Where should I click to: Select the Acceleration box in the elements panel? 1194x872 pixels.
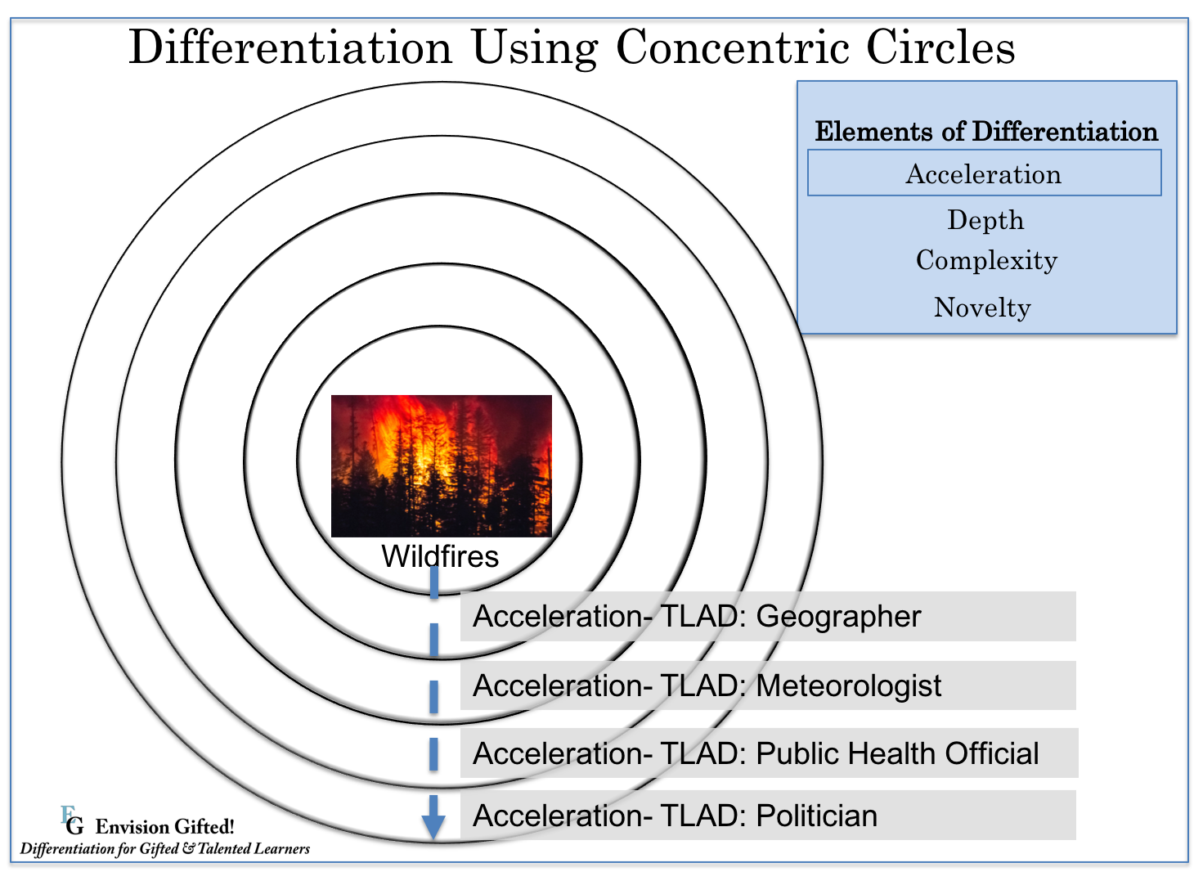pos(984,173)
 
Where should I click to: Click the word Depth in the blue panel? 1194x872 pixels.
pos(985,220)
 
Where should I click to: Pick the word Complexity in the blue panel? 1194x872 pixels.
pos(986,261)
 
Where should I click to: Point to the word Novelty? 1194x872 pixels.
pos(982,308)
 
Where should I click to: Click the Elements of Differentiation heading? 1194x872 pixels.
pos(986,131)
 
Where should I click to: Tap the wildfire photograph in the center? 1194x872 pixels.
pos(442,465)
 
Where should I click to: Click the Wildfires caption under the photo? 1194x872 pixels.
pos(440,556)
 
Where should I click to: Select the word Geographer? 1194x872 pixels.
pos(838,618)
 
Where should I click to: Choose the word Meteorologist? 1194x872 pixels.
pos(849,685)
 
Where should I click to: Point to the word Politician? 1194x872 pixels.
pos(817,816)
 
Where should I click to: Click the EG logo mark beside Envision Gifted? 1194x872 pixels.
pos(73,821)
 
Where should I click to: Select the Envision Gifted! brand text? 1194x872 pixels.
pos(164,827)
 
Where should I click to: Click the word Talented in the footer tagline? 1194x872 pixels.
pos(223,848)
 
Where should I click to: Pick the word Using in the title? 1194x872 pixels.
pos(535,49)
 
